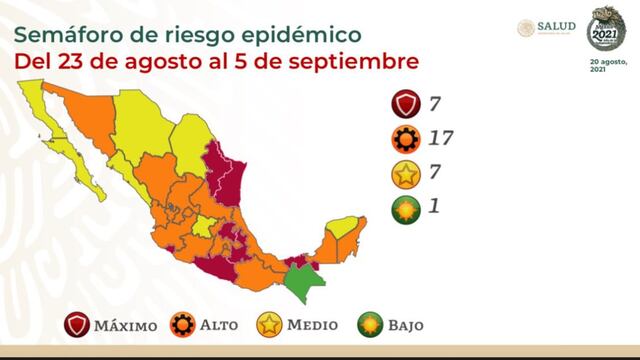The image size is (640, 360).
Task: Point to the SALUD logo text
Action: (x=557, y=27)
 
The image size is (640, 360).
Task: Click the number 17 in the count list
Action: (x=441, y=137)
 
